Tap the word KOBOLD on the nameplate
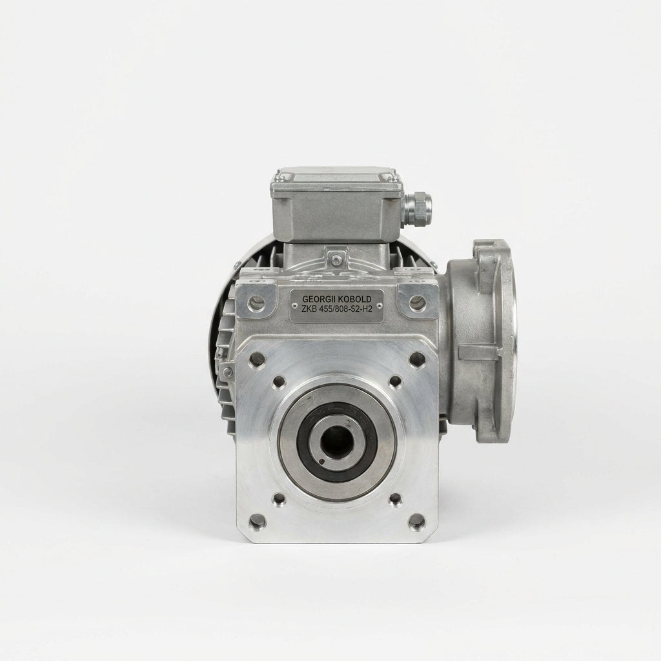(x=354, y=299)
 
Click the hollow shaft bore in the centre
(x=333, y=443)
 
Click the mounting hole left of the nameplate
(x=257, y=302)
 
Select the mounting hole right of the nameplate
(x=417, y=302)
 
